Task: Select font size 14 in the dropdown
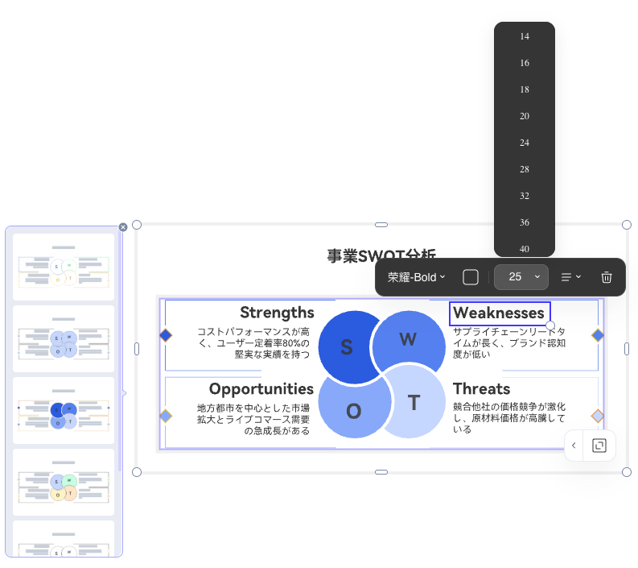(525, 36)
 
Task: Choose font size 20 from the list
(525, 116)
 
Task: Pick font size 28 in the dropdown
(525, 169)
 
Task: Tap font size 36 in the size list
(525, 222)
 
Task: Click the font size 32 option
(525, 196)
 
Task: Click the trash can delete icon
(607, 277)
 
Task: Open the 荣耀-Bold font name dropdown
(416, 277)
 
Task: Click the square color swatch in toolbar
(471, 277)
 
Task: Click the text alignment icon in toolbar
(570, 277)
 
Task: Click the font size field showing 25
(515, 277)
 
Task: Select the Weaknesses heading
(499, 313)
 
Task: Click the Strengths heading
(277, 313)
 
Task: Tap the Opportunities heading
(261, 389)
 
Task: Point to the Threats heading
(481, 389)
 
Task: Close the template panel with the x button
(123, 227)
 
